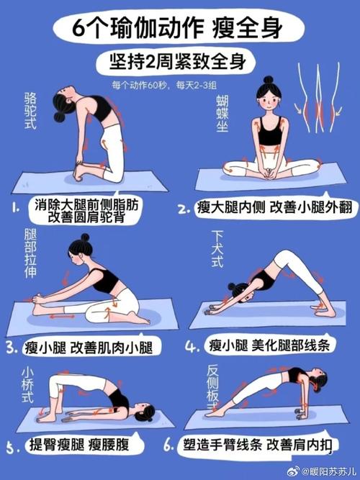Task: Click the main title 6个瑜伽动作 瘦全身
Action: click(x=177, y=29)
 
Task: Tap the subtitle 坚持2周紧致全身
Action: click(x=178, y=62)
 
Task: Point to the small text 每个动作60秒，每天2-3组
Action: click(x=164, y=86)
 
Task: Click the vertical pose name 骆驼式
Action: click(x=31, y=111)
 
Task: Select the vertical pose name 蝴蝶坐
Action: click(x=222, y=114)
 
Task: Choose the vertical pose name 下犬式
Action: click(x=217, y=249)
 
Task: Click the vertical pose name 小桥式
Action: click(x=27, y=385)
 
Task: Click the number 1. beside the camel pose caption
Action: click(x=16, y=209)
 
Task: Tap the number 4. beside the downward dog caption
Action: click(x=192, y=347)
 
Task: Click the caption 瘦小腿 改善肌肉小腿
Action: click(x=89, y=348)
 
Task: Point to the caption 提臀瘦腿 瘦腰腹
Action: click(x=79, y=445)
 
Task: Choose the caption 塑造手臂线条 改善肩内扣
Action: click(x=257, y=445)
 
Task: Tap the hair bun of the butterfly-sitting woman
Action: click(x=269, y=80)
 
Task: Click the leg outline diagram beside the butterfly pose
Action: click(x=319, y=97)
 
